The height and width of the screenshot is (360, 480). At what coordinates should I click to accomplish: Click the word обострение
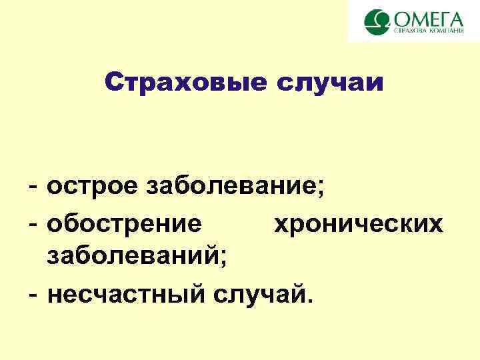(124, 224)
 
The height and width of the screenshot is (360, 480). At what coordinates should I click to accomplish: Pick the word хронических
(358, 224)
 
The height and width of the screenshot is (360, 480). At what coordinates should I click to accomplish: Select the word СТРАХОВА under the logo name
(409, 31)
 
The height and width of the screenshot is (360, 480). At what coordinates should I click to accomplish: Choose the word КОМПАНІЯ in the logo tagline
(447, 31)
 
